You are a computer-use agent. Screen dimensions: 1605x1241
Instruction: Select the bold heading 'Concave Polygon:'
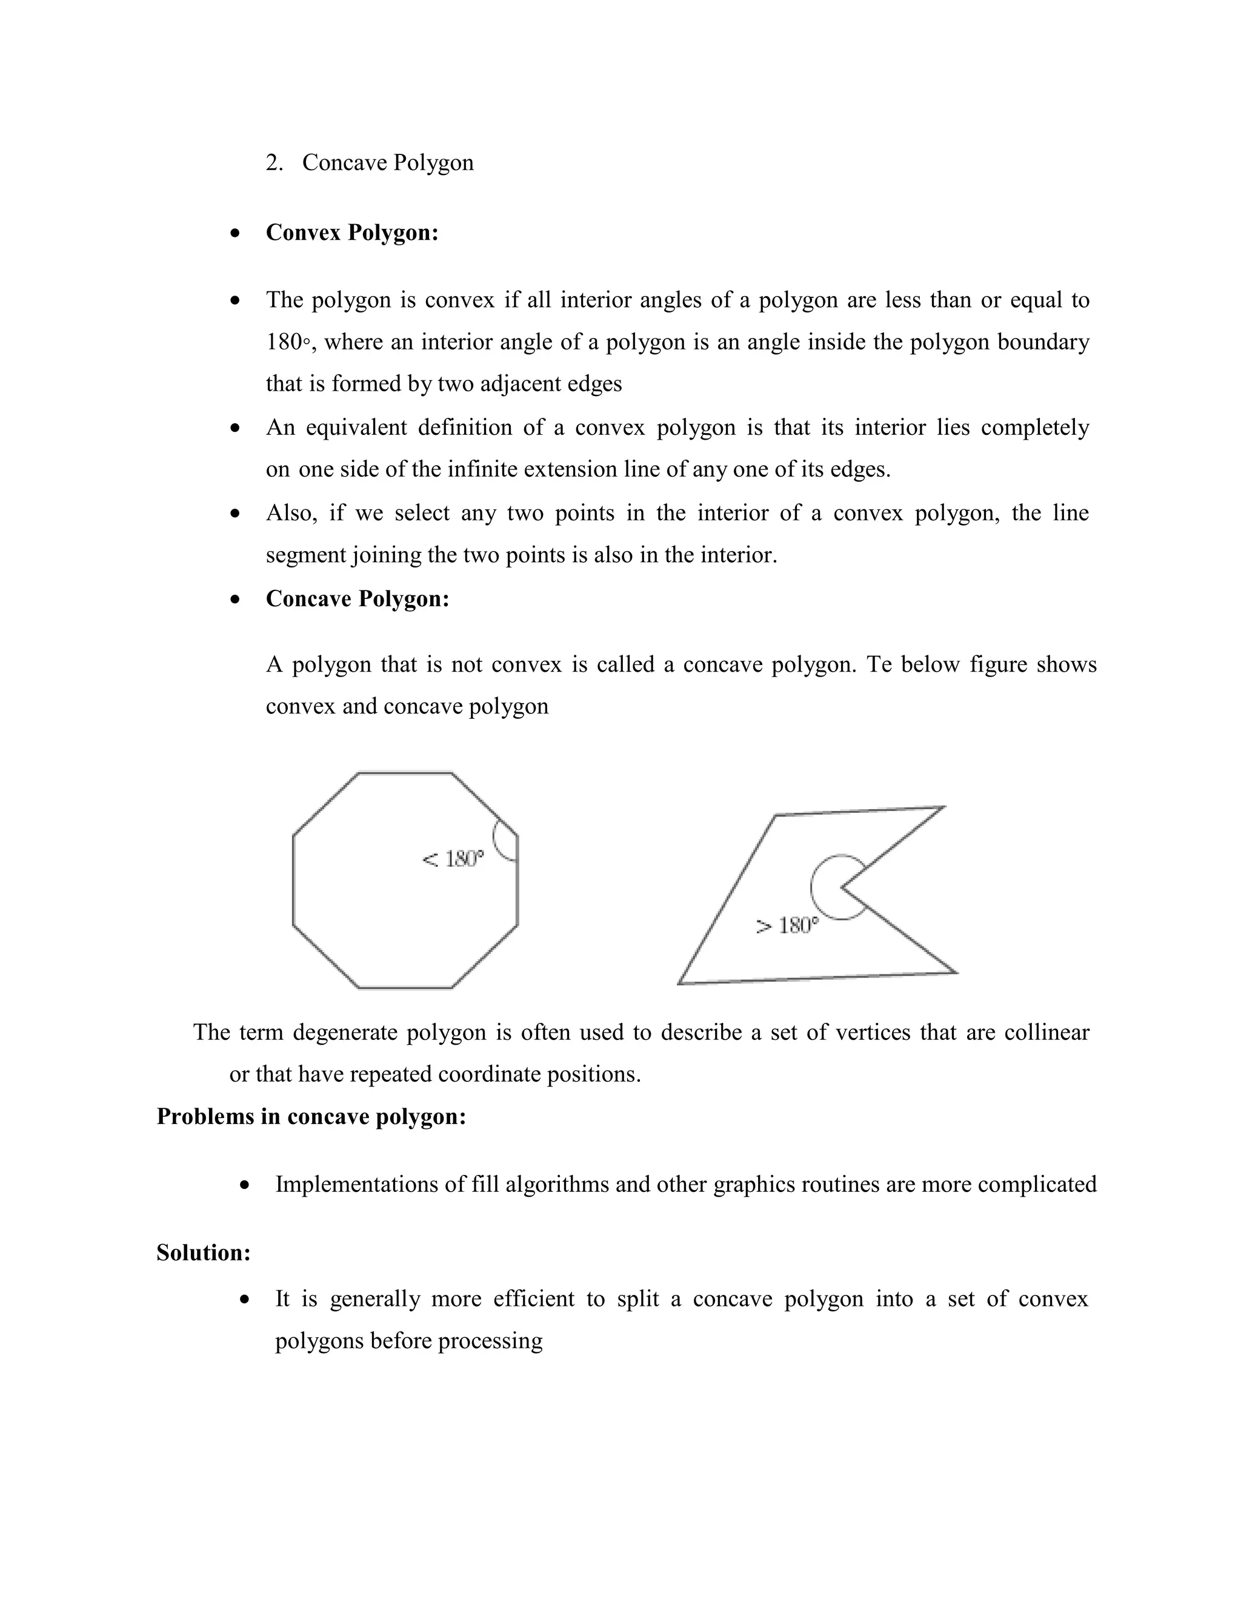tap(358, 599)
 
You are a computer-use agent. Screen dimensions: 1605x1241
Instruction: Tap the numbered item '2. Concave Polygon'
tap(370, 162)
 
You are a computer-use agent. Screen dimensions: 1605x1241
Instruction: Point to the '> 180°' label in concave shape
tap(787, 925)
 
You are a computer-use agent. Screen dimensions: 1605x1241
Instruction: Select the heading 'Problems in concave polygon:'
tap(311, 1116)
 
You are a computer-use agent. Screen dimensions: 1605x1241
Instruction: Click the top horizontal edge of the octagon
tap(404, 772)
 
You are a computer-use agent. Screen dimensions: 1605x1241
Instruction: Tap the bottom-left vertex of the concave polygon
tap(679, 983)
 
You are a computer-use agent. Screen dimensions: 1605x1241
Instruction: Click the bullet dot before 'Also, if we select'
tap(235, 513)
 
